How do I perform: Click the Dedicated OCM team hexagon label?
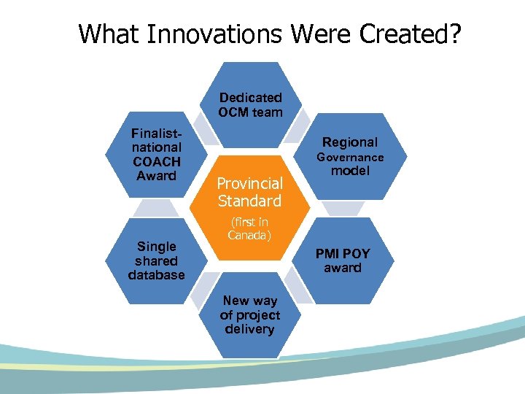point(250,104)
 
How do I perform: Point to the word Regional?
point(350,142)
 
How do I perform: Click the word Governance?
point(349,157)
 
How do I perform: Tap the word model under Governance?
point(350,171)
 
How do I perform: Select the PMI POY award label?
point(342,260)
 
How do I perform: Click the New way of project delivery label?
point(250,314)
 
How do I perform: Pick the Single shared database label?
point(156,260)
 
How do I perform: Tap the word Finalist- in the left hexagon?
point(156,133)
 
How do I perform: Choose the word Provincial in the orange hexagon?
point(249,184)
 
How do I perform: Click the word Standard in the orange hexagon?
point(249,201)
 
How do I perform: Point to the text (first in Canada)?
point(249,228)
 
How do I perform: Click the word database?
point(156,275)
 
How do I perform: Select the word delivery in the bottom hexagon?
point(250,329)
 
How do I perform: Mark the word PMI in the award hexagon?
point(327,254)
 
